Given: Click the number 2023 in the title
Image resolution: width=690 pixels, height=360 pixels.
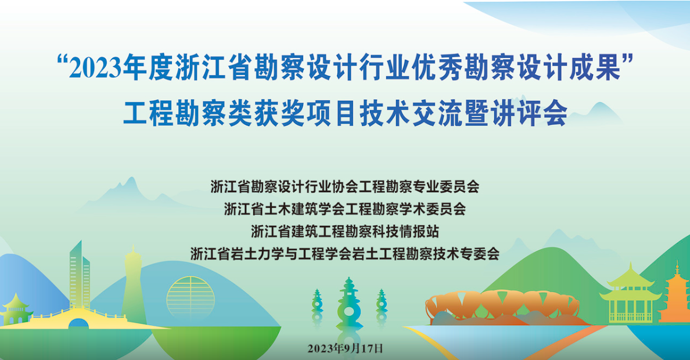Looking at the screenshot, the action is pyautogui.click(x=95, y=69).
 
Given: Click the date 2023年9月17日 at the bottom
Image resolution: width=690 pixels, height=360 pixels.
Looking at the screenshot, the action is pyautogui.click(x=346, y=348).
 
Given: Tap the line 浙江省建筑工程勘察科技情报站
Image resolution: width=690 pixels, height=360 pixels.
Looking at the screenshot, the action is pyautogui.click(x=345, y=231).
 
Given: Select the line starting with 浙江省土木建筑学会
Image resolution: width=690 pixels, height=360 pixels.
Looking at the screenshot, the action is pyautogui.click(x=345, y=208).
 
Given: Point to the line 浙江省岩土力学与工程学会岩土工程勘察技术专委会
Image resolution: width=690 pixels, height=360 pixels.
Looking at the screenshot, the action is pyautogui.click(x=345, y=254).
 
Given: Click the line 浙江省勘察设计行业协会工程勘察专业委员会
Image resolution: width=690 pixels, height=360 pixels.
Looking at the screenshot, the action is pyautogui.click(x=345, y=186).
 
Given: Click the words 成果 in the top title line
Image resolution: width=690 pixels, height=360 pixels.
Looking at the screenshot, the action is pyautogui.click(x=595, y=68).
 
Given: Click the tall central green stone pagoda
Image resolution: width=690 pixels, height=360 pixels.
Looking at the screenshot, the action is pyautogui.click(x=350, y=304).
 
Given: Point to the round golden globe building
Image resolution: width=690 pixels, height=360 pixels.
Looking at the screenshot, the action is pyautogui.click(x=191, y=298).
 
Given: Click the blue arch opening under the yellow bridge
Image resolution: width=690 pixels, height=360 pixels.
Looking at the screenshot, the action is pyautogui.click(x=79, y=323).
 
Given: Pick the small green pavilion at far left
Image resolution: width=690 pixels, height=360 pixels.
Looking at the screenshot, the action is pyautogui.click(x=16, y=309).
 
